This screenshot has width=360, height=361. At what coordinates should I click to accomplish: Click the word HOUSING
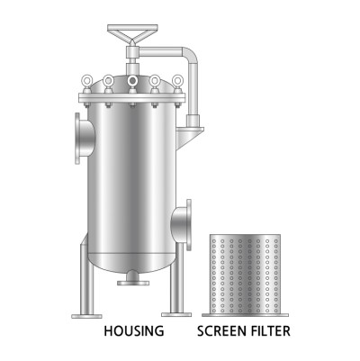point(134,331)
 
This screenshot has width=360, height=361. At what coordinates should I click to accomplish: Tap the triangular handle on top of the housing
point(132,32)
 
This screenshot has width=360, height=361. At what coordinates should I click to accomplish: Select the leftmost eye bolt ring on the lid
point(86,79)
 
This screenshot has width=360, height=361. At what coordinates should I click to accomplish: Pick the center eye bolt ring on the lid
point(132,80)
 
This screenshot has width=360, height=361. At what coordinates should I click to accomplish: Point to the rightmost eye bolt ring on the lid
point(178,79)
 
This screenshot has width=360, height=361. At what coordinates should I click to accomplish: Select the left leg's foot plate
point(86,316)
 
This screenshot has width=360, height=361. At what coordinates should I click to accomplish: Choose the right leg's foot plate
point(176,314)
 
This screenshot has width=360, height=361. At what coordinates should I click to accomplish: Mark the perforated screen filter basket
point(245,274)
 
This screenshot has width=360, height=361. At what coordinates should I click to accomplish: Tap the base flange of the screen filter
point(245,315)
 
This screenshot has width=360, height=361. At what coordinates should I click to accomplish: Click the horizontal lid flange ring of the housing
point(132,98)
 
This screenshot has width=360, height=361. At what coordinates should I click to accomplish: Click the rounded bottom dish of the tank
point(131,263)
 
